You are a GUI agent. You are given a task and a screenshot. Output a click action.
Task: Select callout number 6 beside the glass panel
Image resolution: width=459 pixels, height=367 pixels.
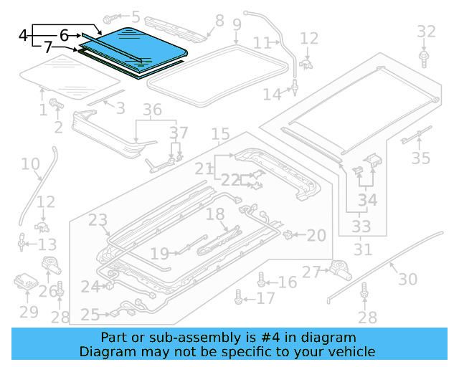64,34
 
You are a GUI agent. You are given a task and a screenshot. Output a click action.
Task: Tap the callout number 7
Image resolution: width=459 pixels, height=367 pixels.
47,48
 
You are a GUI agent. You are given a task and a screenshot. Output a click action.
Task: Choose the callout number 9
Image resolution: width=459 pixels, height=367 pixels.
237,26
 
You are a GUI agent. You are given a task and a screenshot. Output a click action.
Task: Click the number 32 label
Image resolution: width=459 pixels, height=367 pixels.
426,31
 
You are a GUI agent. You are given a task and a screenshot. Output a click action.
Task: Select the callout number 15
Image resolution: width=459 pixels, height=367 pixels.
220,134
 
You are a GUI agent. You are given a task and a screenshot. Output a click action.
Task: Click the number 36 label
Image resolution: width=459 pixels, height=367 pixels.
152,110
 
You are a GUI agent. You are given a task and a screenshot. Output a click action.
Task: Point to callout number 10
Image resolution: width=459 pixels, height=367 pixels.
30,164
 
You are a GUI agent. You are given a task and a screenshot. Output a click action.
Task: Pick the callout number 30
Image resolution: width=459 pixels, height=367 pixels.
407,279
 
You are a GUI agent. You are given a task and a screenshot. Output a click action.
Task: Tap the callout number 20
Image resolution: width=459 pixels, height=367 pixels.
316,234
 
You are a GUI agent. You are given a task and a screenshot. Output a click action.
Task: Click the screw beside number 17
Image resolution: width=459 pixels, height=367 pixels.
240,297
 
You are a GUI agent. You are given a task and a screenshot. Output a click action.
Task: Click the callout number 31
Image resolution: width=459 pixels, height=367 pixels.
363,250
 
